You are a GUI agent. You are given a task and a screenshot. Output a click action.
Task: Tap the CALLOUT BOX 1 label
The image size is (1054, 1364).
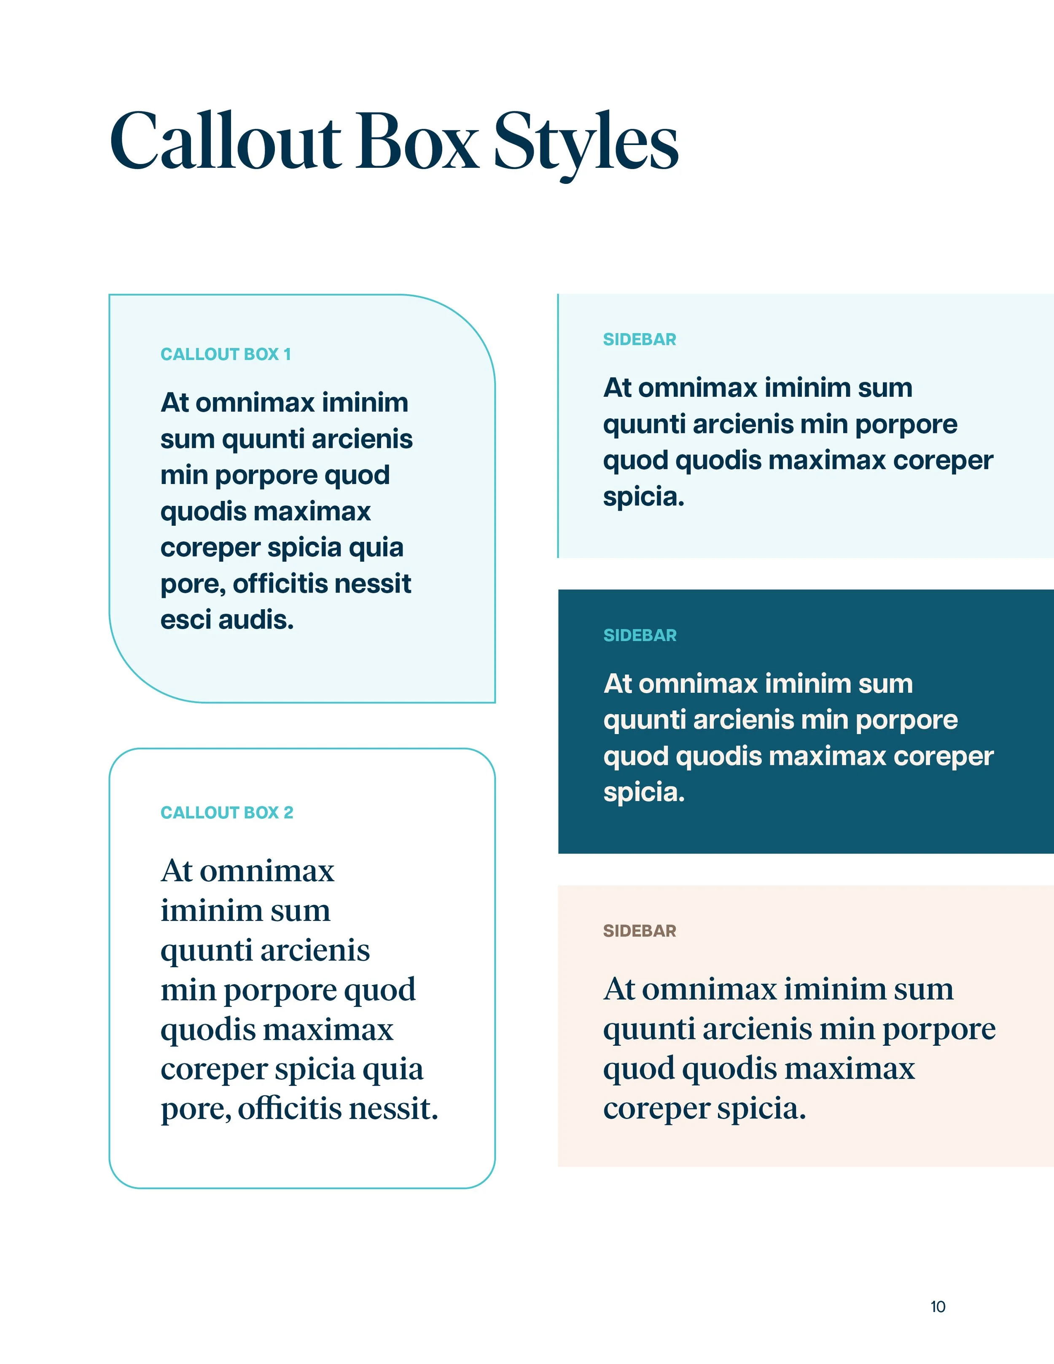[x=226, y=354]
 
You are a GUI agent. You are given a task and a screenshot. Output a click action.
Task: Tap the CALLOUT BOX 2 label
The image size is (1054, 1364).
[x=227, y=812]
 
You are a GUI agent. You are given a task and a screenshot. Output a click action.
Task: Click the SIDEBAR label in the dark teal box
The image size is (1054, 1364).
[x=640, y=635]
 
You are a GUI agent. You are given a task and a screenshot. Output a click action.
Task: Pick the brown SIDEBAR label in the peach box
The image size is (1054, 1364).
[x=640, y=931]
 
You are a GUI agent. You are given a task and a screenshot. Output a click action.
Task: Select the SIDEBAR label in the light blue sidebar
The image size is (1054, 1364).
[x=640, y=339]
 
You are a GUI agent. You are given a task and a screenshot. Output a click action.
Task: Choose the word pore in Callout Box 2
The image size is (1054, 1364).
[x=194, y=1110]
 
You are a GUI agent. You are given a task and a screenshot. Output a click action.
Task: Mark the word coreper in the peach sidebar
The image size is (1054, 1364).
[x=656, y=1109]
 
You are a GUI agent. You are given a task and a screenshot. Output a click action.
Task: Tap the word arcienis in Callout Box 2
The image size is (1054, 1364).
[x=315, y=950]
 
